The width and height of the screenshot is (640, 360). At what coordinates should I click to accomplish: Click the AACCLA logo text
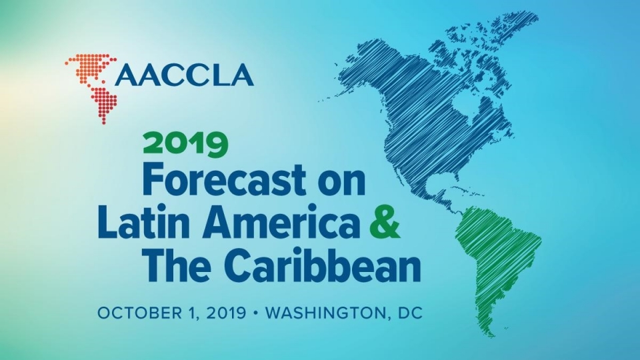click(x=185, y=75)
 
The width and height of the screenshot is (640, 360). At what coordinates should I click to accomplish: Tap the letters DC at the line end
click(x=409, y=313)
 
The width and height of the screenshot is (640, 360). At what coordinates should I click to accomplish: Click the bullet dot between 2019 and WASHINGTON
click(x=255, y=313)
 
